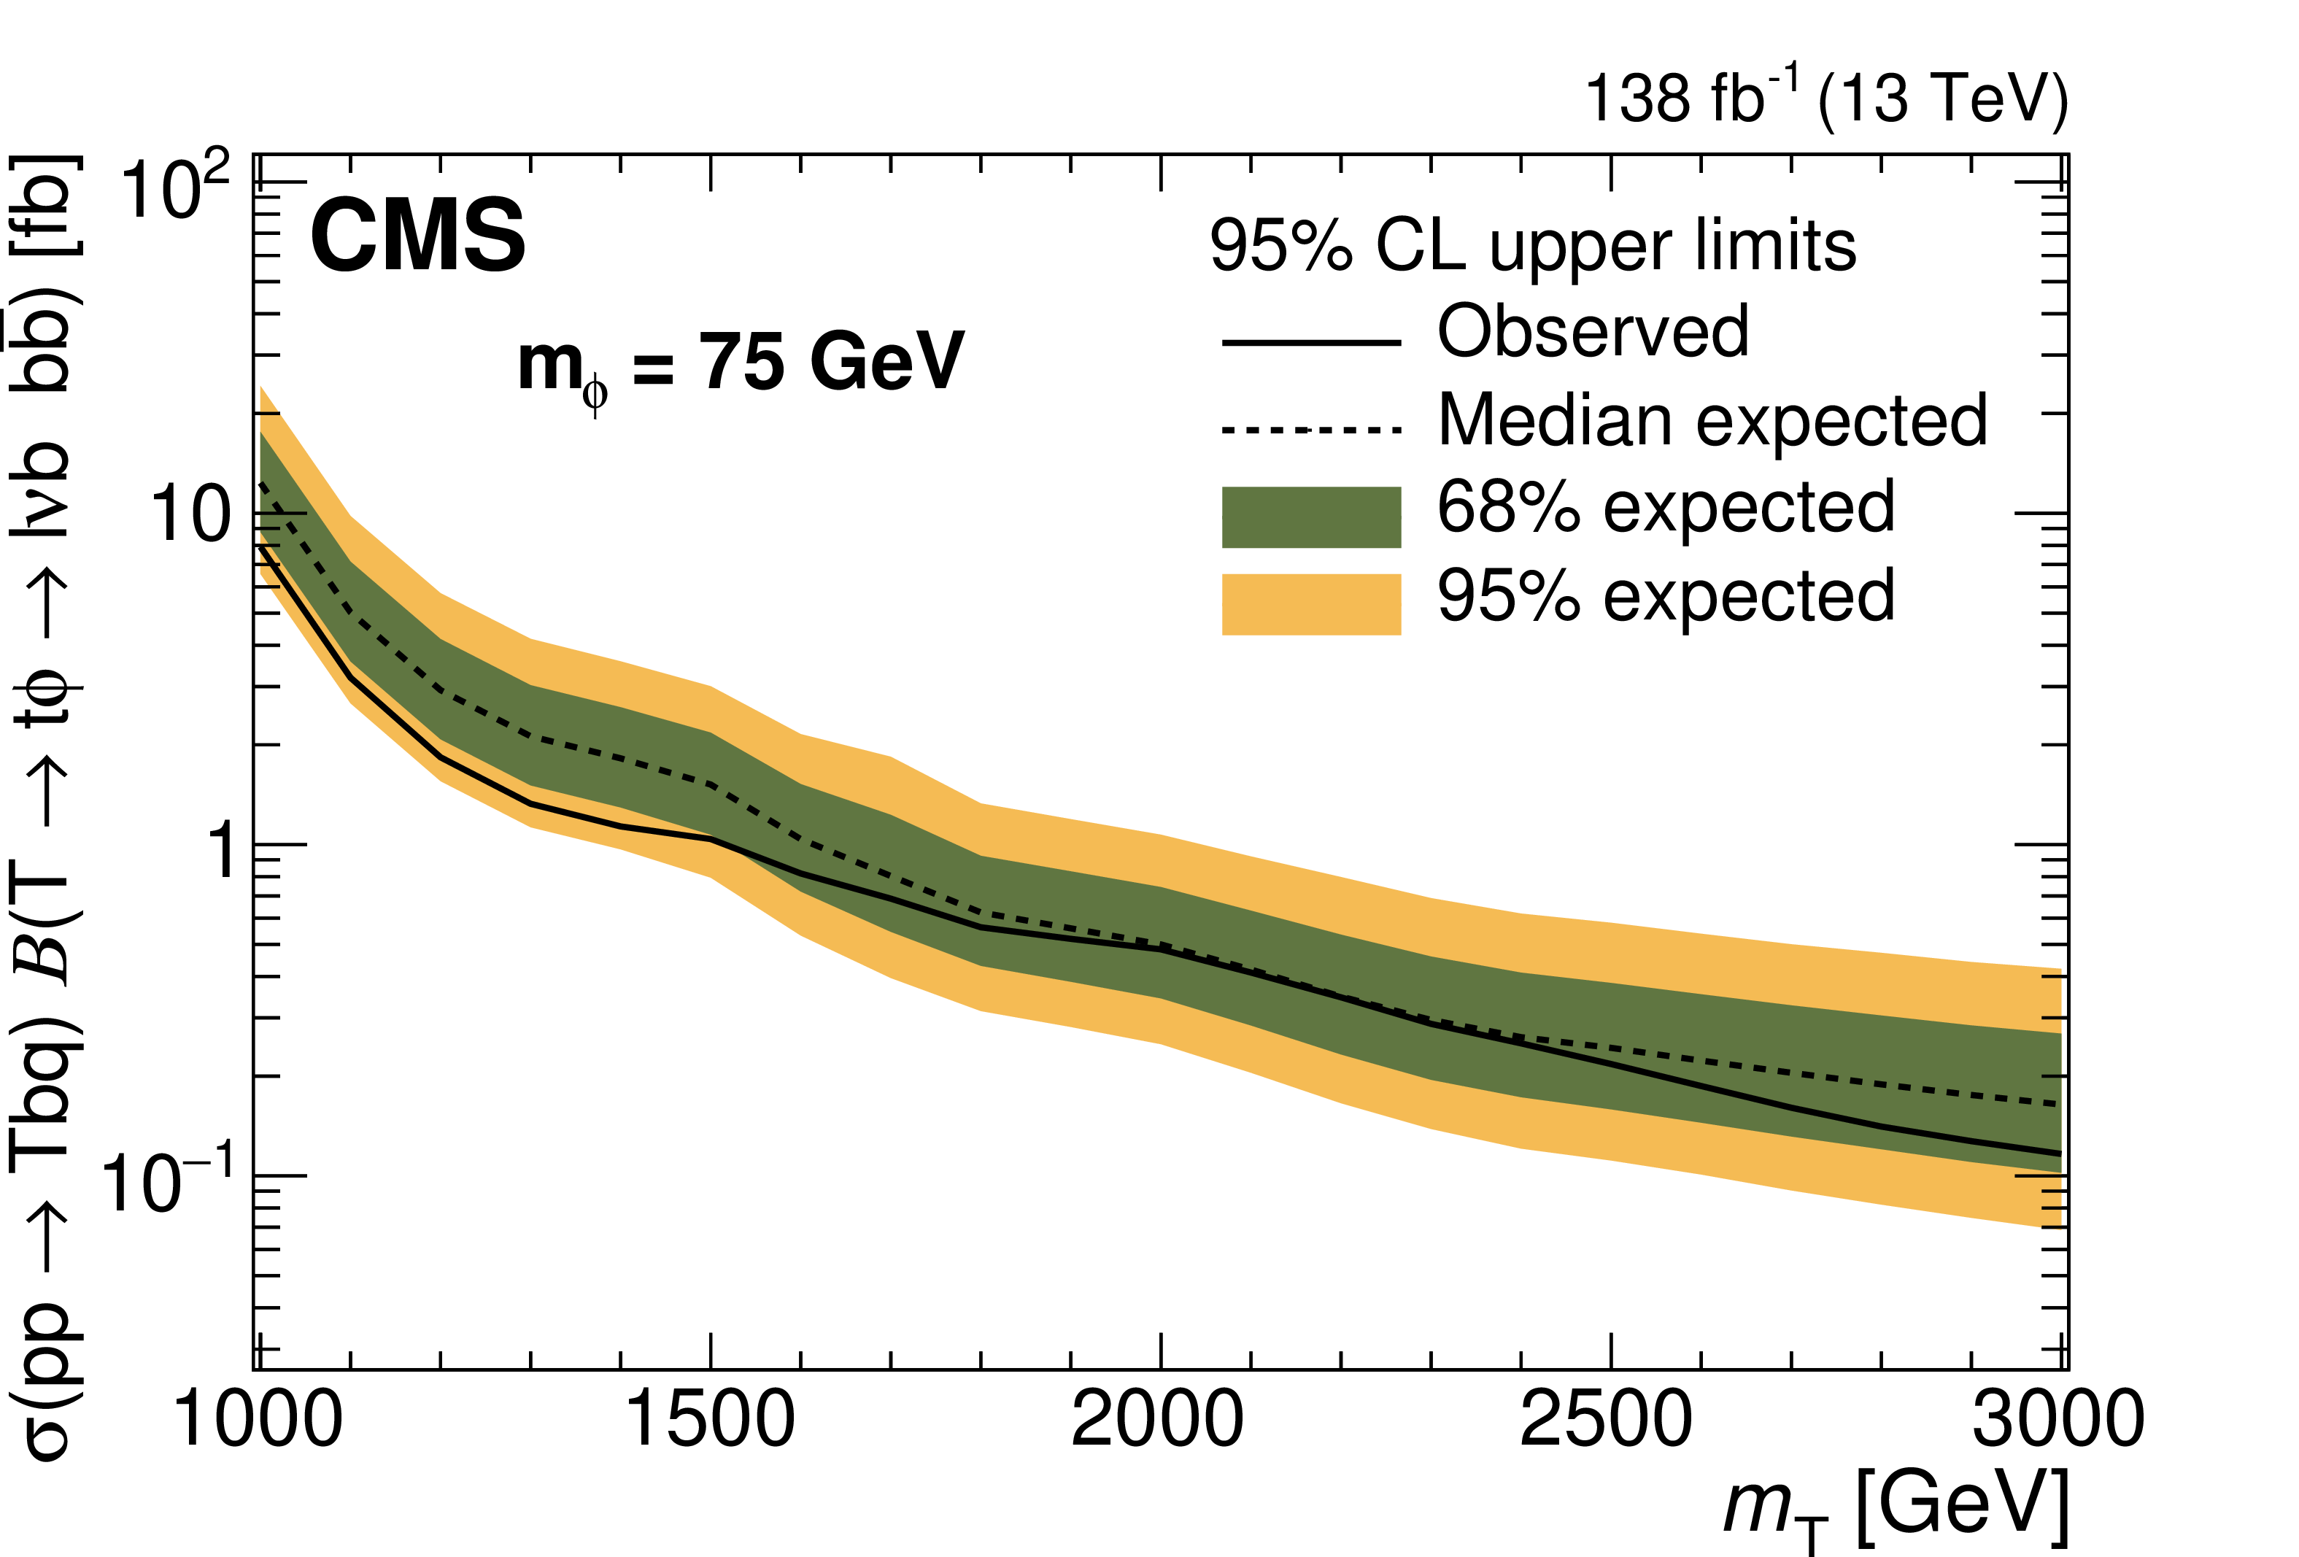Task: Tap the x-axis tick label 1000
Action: pyautogui.click(x=259, y=1421)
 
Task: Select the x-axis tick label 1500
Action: pyautogui.click(x=711, y=1421)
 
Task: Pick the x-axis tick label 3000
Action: pyautogui.click(x=2057, y=1421)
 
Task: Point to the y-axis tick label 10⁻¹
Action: pyautogui.click(x=168, y=1179)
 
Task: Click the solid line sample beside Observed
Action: pyautogui.click(x=1311, y=343)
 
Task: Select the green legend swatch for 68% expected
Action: pyautogui.click(x=1311, y=517)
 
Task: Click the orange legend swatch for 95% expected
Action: pyautogui.click(x=1311, y=603)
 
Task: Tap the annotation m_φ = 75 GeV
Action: pyautogui.click(x=740, y=364)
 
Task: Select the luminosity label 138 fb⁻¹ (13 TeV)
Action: pyautogui.click(x=1826, y=99)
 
